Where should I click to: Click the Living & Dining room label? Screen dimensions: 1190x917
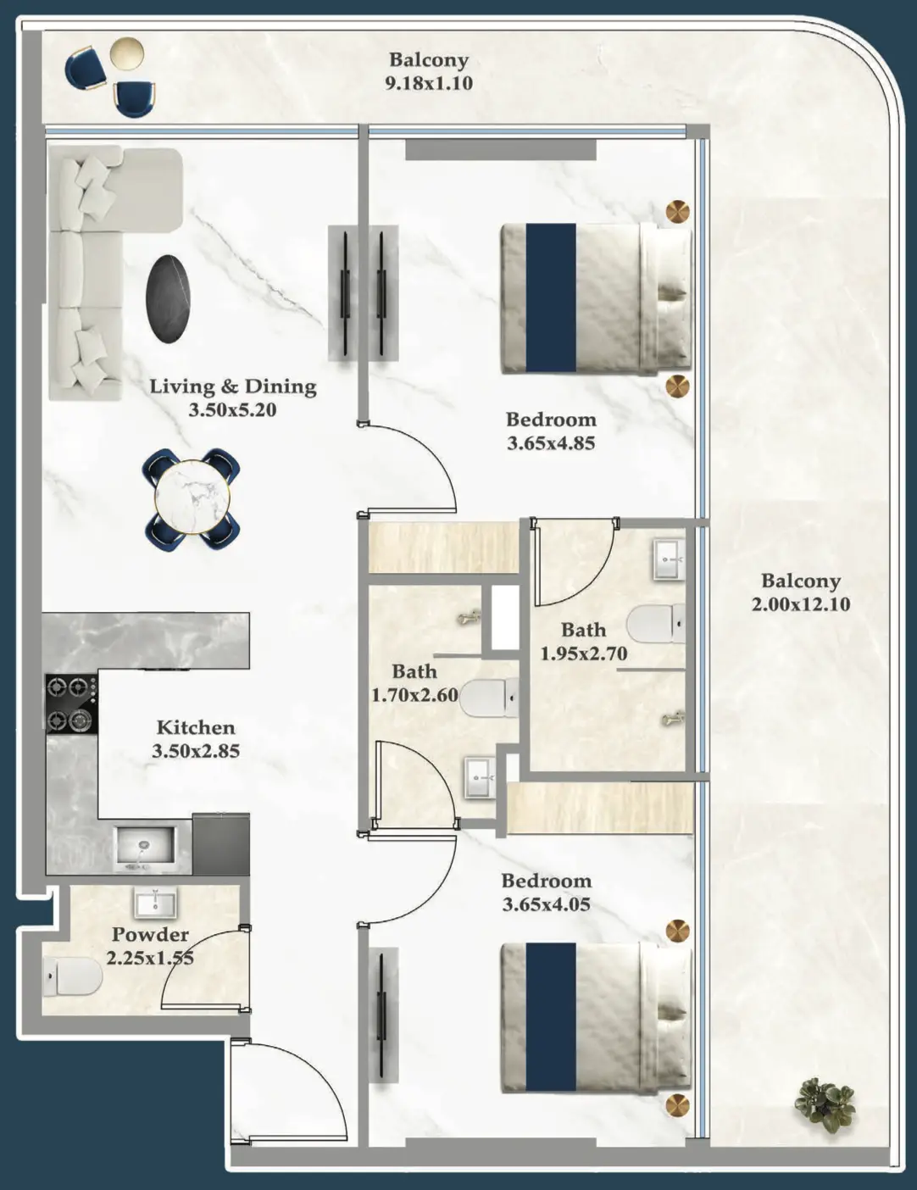233,386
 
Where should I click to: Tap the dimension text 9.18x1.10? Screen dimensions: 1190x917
429,83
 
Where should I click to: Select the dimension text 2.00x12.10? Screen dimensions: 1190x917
800,604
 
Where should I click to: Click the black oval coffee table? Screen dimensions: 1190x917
168,298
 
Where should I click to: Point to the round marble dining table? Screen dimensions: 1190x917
192,498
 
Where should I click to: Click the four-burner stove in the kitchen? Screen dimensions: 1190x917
70,703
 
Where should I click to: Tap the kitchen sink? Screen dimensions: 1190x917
144,846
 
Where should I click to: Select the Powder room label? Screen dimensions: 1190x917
150,934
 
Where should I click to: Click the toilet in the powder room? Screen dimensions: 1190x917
73,976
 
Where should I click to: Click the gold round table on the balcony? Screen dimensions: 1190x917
127,53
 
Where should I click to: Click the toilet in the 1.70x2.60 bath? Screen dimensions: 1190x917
489,698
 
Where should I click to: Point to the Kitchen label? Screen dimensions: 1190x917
196,727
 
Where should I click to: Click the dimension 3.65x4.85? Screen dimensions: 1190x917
551,442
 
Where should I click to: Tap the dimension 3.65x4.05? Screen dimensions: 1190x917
546,904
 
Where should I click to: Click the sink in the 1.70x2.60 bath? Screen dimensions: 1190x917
480,776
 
